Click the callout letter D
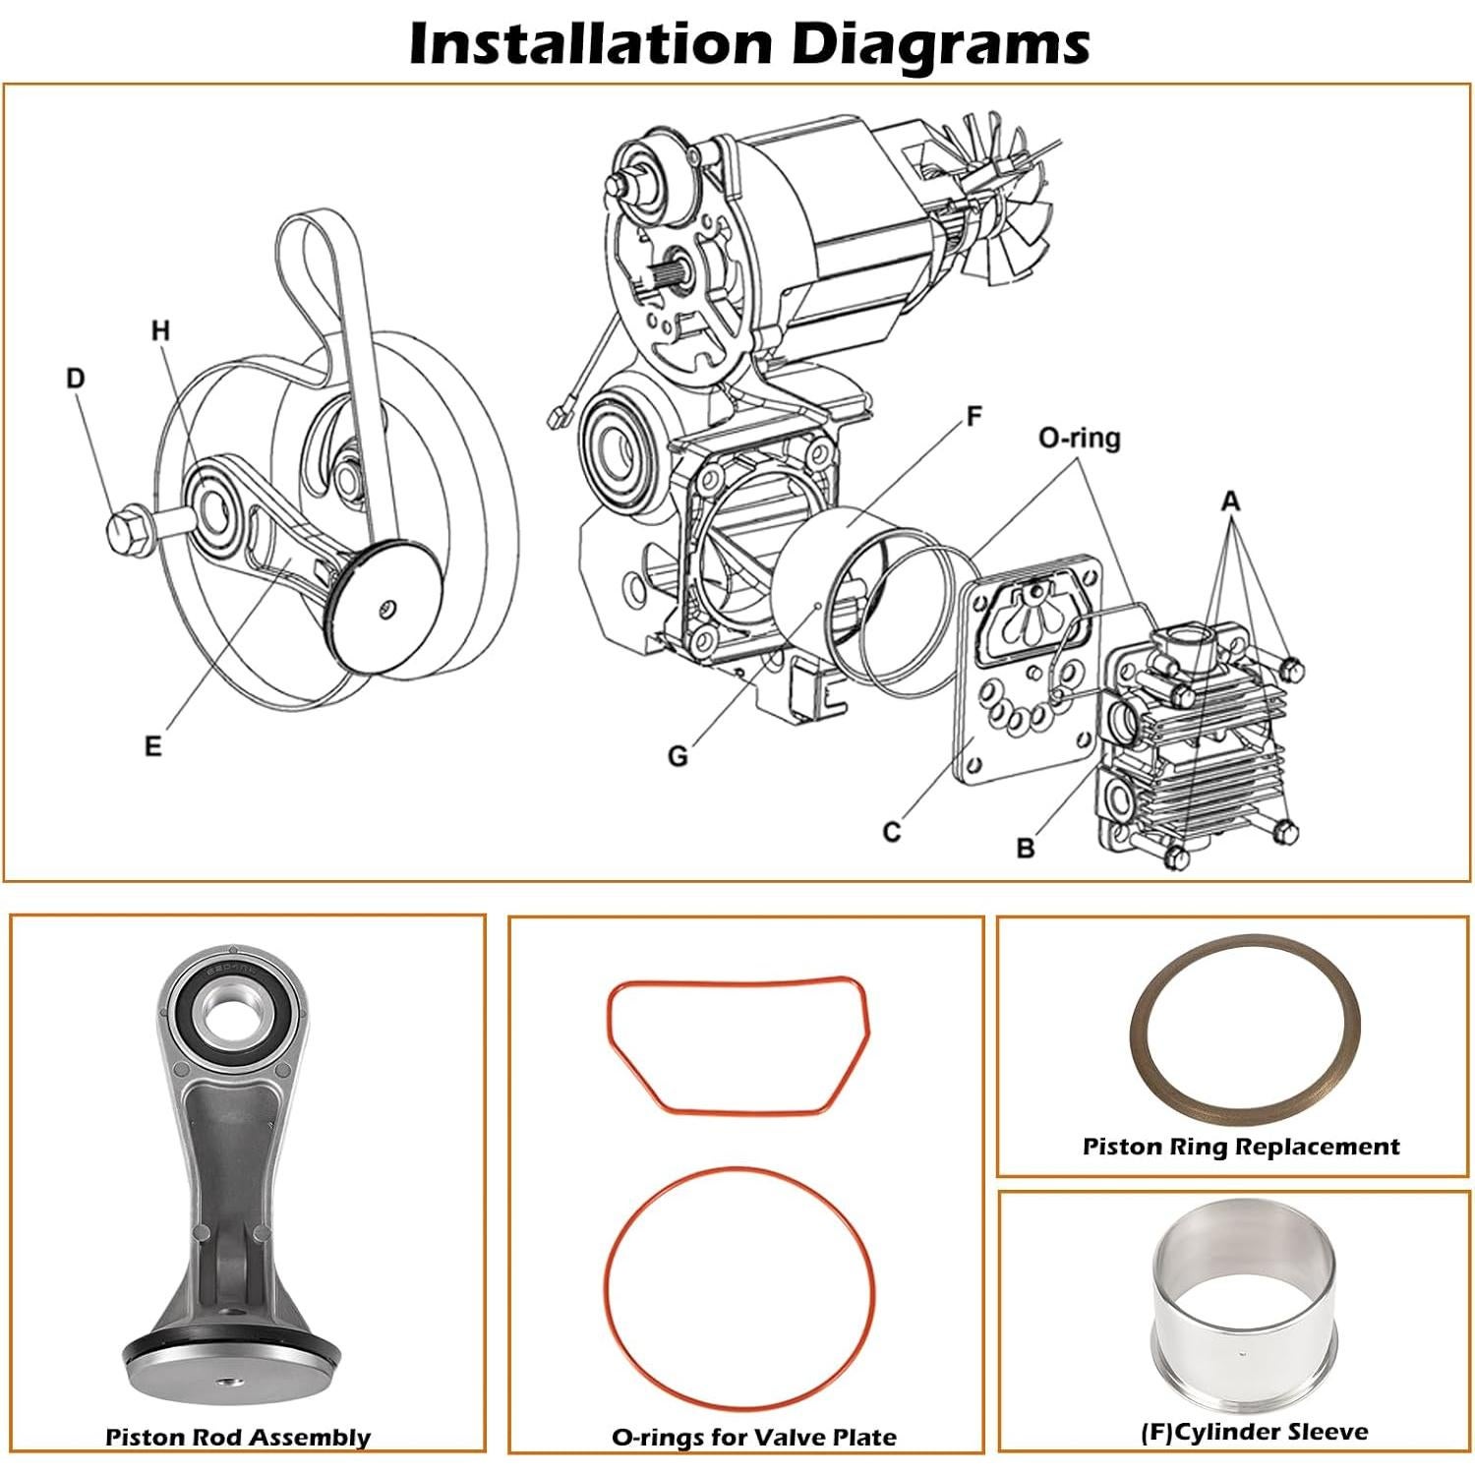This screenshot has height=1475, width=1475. point(76,379)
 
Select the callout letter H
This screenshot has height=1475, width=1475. point(160,331)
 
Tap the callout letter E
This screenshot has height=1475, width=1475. point(152,746)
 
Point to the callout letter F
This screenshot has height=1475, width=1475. point(973,417)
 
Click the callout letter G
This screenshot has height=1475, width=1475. point(678,756)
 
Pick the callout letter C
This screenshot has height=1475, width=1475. point(891,832)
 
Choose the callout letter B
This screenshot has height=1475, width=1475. point(1025,848)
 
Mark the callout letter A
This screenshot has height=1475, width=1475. point(1230,502)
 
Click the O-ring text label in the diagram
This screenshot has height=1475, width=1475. point(1079,438)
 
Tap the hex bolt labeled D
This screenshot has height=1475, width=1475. point(129,531)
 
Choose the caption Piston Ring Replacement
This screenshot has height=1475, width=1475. point(1240,1147)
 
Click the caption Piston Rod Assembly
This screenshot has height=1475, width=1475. point(238,1437)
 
